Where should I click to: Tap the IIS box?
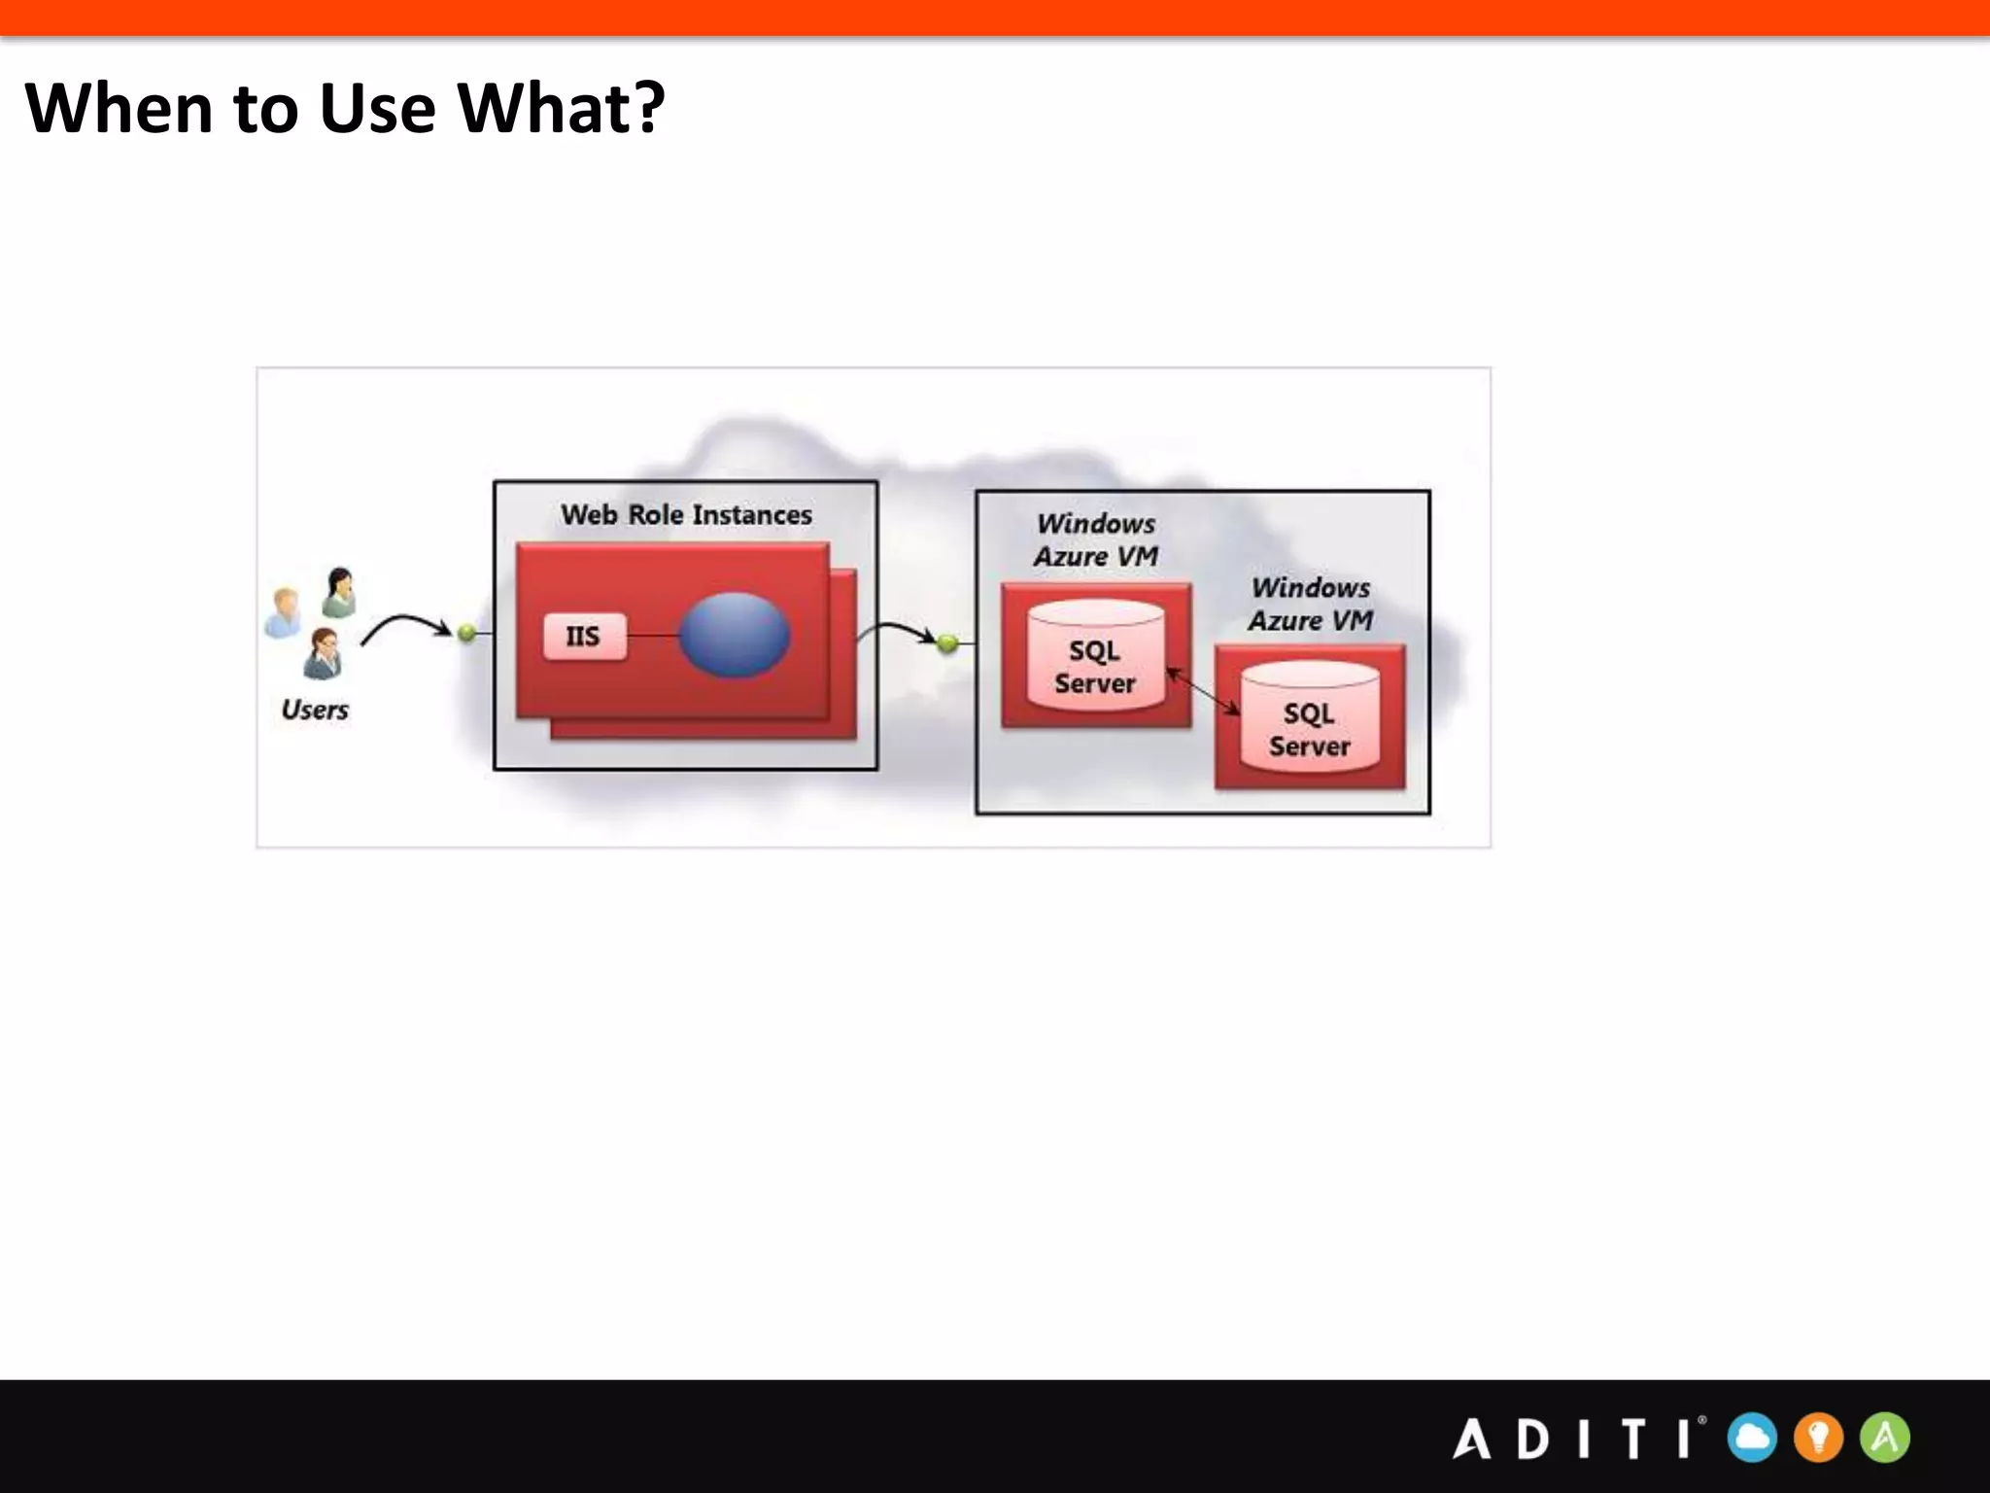(x=584, y=637)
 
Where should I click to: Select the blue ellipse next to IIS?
(x=734, y=635)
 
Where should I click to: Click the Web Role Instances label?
(x=686, y=514)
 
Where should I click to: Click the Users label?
(x=315, y=710)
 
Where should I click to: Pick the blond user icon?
(x=283, y=612)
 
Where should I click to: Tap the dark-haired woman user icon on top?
(x=339, y=592)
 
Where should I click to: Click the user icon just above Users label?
(x=323, y=653)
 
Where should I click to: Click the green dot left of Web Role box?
(x=467, y=633)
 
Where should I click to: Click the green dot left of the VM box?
(x=947, y=642)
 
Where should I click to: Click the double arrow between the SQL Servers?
(x=1203, y=691)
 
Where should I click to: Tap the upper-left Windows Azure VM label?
(x=1095, y=539)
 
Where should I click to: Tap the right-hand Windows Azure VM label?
(x=1310, y=604)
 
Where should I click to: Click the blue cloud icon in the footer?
(x=1752, y=1438)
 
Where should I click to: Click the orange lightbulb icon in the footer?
(x=1818, y=1438)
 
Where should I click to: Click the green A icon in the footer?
(x=1885, y=1438)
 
